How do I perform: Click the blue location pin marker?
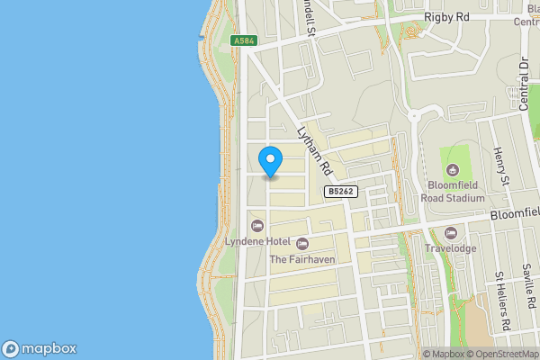click(270, 161)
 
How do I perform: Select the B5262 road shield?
click(340, 192)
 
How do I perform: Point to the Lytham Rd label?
click(315, 149)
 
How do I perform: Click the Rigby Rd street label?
click(448, 17)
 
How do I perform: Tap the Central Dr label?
click(523, 80)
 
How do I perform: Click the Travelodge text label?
click(451, 249)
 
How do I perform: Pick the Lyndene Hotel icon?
click(256, 225)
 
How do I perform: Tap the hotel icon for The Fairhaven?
click(302, 243)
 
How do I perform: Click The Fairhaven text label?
click(301, 260)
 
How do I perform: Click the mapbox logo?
click(40, 349)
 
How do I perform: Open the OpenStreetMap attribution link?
click(500, 354)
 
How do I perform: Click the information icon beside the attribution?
click(415, 354)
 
